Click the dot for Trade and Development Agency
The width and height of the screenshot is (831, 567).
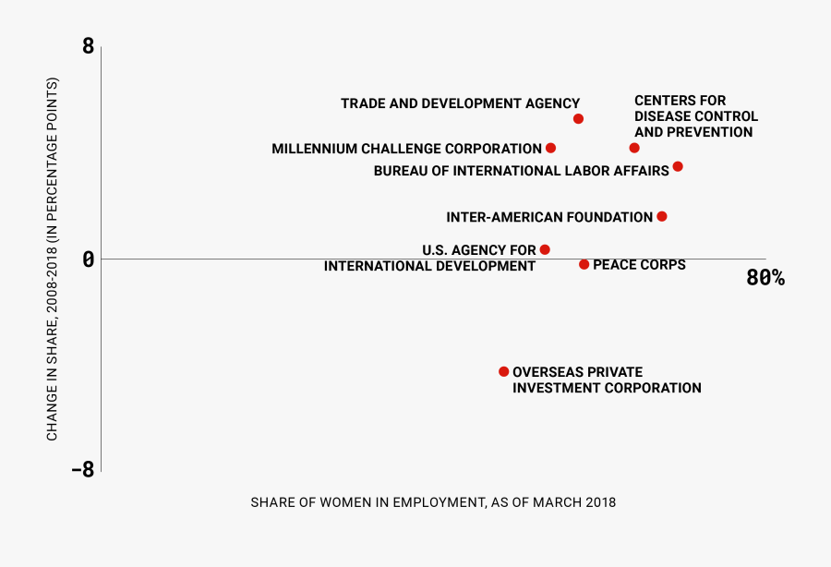pos(578,119)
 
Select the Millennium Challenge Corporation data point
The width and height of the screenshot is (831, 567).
pos(550,148)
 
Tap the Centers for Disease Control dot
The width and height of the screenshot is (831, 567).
pos(634,148)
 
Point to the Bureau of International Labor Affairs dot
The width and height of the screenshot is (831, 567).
pos(678,166)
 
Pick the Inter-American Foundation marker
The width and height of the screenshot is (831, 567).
pos(661,216)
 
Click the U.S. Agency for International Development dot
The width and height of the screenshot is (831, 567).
pos(545,249)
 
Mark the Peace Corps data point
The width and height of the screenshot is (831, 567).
pos(584,264)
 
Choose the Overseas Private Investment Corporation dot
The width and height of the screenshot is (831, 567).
pos(503,371)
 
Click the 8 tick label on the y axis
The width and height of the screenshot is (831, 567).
pos(88,45)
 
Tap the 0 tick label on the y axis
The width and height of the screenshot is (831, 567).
pos(88,259)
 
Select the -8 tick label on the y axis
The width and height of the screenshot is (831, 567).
pos(83,469)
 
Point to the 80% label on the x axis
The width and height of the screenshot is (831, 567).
pos(765,278)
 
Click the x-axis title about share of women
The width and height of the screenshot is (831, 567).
pos(433,502)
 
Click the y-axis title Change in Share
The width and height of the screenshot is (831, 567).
pos(54,259)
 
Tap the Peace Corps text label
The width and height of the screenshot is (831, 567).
pos(639,265)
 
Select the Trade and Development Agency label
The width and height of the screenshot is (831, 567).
pos(460,104)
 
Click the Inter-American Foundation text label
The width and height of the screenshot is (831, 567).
pos(549,217)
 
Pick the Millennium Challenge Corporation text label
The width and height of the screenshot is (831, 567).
pos(406,149)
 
